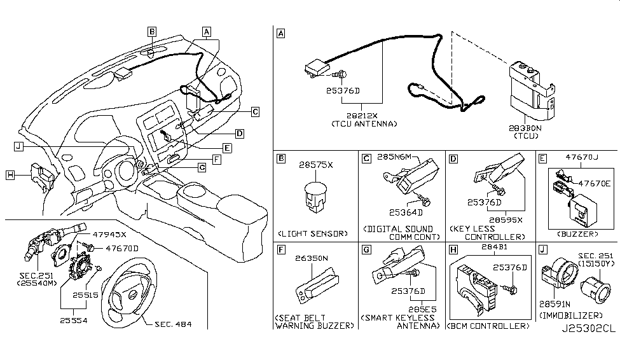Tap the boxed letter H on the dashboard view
[10, 174]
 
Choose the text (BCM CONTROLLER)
[488, 326]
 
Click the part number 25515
[84, 296]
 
